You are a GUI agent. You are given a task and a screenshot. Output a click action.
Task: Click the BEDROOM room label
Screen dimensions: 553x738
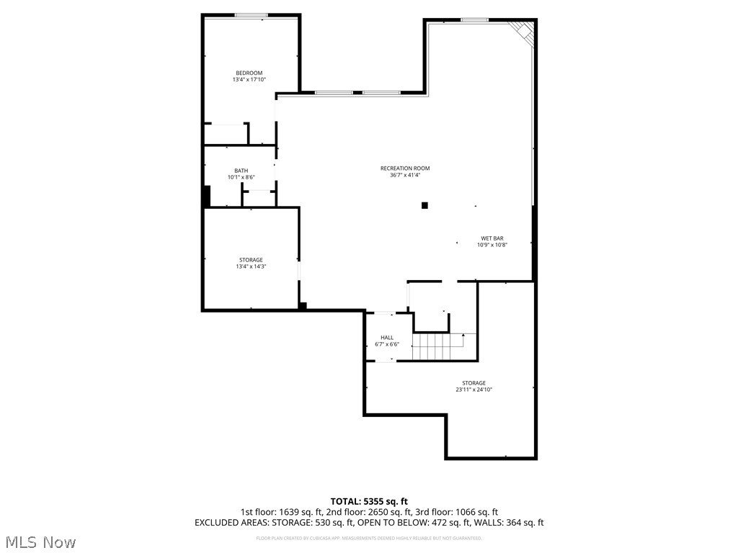point(249,73)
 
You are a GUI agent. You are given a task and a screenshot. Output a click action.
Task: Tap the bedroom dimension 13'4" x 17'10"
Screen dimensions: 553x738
point(249,80)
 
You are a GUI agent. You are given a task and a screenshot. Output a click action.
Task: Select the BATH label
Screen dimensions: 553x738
point(241,171)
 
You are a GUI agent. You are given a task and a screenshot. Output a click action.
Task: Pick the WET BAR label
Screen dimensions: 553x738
point(492,238)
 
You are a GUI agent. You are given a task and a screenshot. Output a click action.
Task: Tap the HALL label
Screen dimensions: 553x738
point(387,338)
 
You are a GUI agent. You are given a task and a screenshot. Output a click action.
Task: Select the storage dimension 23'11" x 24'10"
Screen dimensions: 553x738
point(474,390)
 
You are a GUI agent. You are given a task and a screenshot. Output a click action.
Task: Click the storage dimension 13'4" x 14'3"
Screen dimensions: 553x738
point(251,266)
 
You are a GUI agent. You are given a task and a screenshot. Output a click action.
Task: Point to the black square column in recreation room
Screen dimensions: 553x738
point(424,205)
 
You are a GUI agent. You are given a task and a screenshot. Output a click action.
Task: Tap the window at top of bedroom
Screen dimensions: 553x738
point(252,15)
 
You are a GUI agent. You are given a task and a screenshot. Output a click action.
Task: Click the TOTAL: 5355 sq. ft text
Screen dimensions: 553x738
point(369,501)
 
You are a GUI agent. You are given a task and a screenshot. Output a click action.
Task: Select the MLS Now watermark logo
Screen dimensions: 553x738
point(40,541)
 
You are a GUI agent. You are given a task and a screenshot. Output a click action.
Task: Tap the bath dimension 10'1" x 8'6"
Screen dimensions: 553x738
point(241,177)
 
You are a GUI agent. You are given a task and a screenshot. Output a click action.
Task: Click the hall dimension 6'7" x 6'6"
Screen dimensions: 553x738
point(387,344)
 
